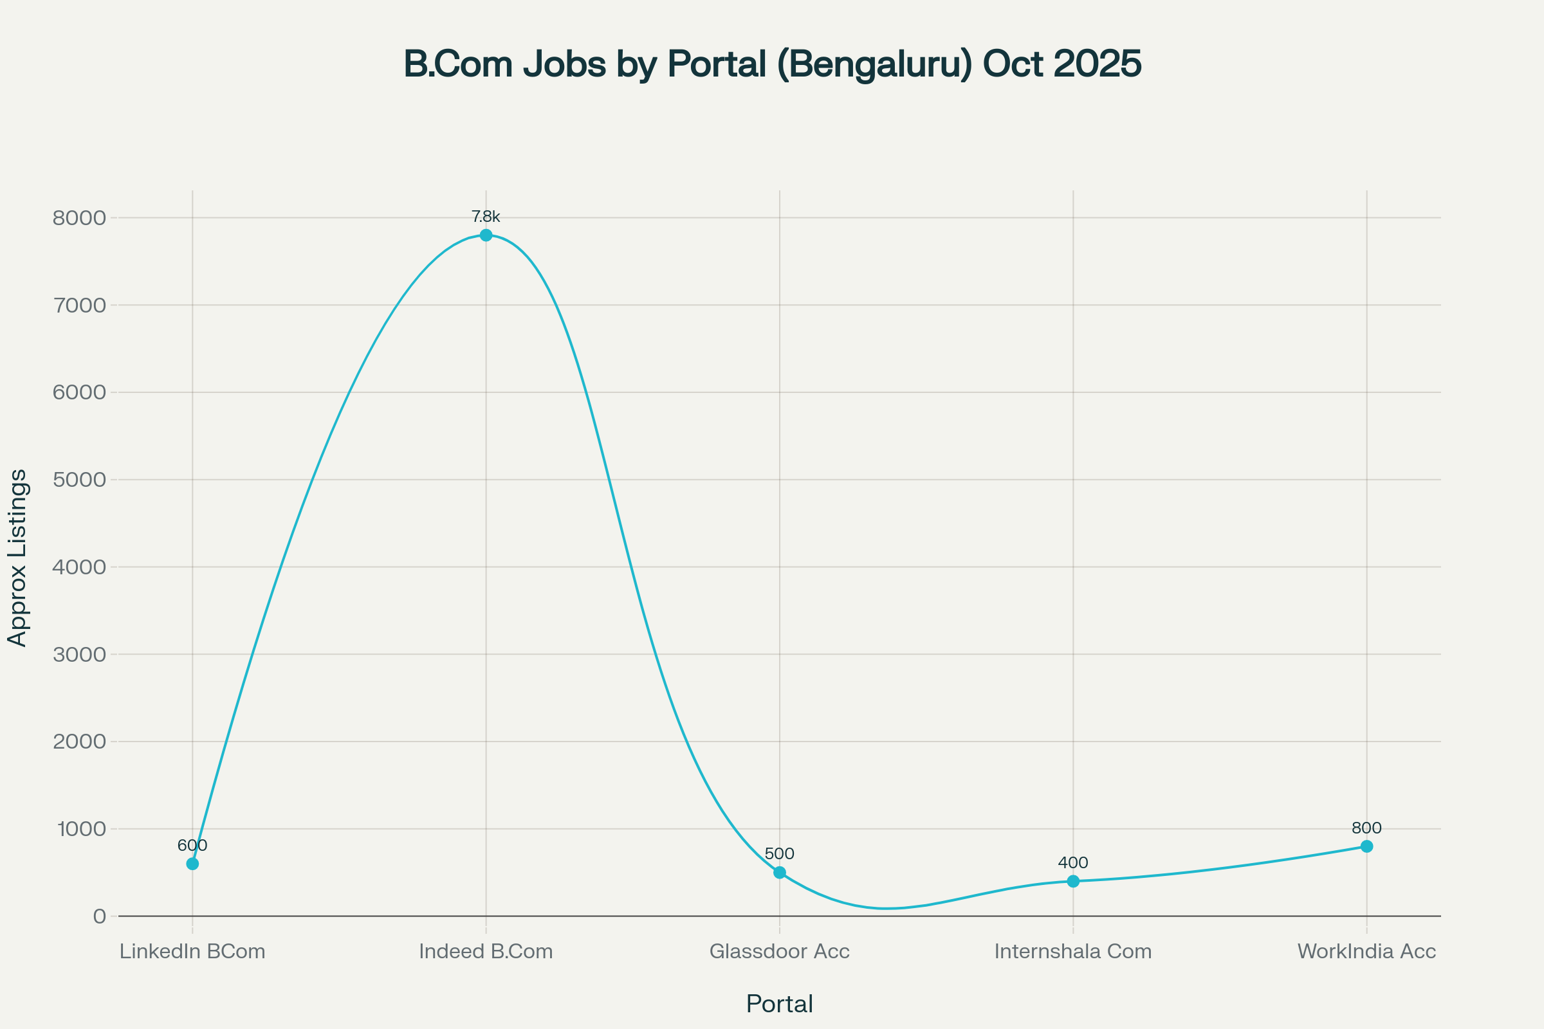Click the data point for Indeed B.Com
[x=486, y=235]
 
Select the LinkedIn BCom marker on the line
[x=192, y=864]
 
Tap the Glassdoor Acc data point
[x=779, y=872]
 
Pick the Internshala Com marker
[x=1073, y=880]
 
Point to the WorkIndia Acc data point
[x=1366, y=846]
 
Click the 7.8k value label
[x=486, y=217]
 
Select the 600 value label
[x=192, y=845]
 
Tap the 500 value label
[x=779, y=854]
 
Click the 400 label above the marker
[x=1073, y=862]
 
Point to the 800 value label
[x=1366, y=828]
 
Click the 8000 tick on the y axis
[x=79, y=218]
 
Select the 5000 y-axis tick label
[x=79, y=480]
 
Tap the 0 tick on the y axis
[x=100, y=916]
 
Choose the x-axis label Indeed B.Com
[x=486, y=952]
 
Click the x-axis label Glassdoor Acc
[x=779, y=952]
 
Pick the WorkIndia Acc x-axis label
[x=1366, y=952]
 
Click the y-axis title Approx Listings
[x=18, y=558]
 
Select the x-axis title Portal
[x=779, y=1004]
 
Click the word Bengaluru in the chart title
[x=873, y=64]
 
